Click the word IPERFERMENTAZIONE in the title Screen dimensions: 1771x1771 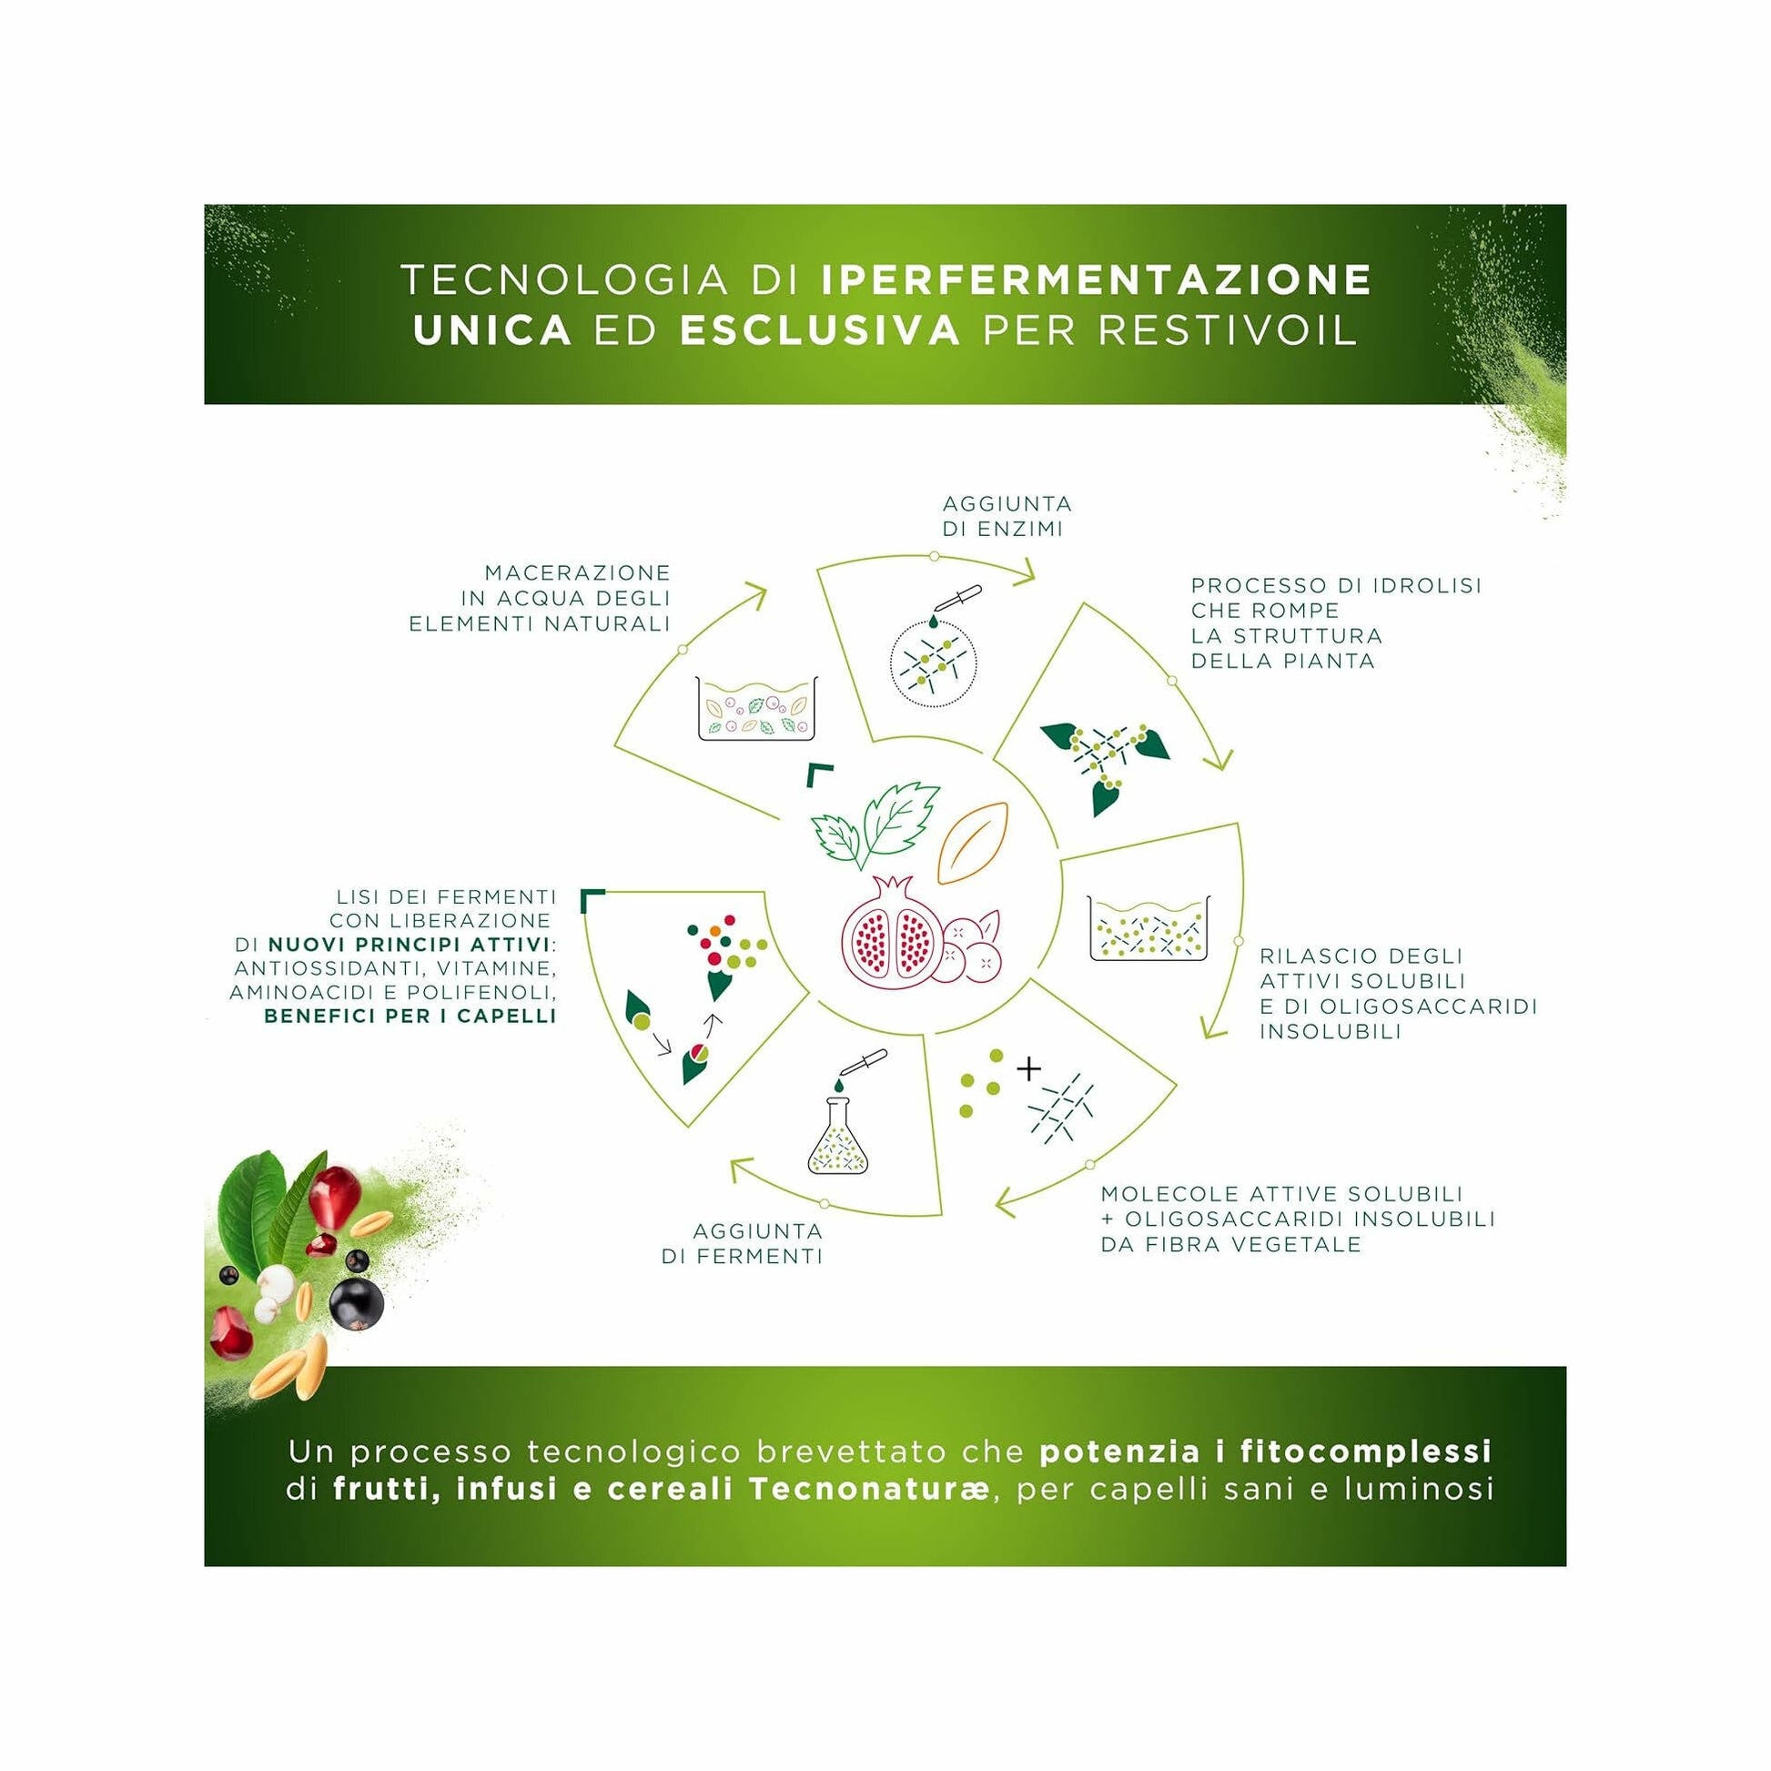coord(1096,280)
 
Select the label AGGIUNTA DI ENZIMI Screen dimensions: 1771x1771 coord(1007,516)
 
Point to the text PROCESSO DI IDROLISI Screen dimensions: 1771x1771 coord(1336,585)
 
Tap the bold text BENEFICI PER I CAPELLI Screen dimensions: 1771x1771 coord(410,1016)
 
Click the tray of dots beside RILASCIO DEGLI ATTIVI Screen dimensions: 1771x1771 coord(1149,928)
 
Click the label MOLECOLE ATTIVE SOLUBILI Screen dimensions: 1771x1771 coord(1280,1194)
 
